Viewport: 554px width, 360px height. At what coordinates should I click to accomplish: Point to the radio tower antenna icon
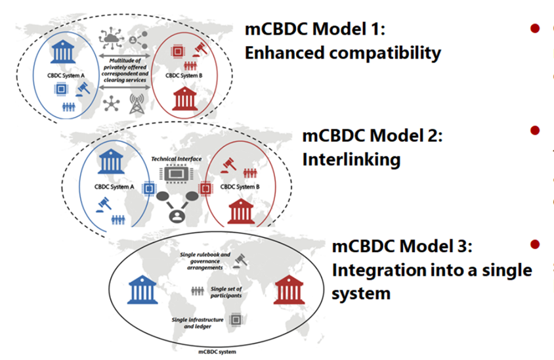tap(138, 104)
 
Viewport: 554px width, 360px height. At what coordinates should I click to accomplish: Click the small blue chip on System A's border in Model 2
tap(149, 189)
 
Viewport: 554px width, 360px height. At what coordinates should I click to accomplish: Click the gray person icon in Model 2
tap(175, 215)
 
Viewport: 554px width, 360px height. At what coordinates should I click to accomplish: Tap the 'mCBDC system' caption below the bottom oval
tap(217, 351)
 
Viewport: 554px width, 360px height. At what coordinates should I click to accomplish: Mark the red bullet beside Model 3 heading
tap(535, 244)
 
